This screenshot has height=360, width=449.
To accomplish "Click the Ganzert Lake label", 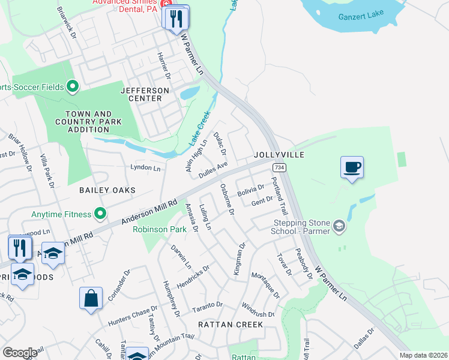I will (360, 17).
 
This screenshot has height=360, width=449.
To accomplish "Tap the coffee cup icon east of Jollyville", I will (352, 167).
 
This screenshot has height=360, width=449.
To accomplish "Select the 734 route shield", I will (278, 167).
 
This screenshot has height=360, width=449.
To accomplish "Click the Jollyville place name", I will (279, 155).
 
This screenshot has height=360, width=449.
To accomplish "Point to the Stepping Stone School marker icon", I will (339, 226).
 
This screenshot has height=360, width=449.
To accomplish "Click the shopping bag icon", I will (91, 298).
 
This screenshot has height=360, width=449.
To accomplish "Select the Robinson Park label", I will (159, 229).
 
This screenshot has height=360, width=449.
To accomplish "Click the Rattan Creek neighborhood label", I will (231, 325).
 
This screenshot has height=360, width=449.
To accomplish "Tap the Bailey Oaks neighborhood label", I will (107, 190).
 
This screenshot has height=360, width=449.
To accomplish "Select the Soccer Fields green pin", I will (73, 87).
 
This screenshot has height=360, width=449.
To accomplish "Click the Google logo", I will (20, 353).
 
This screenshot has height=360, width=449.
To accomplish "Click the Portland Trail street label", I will (280, 197).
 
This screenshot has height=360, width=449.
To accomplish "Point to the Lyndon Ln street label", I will (145, 169).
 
